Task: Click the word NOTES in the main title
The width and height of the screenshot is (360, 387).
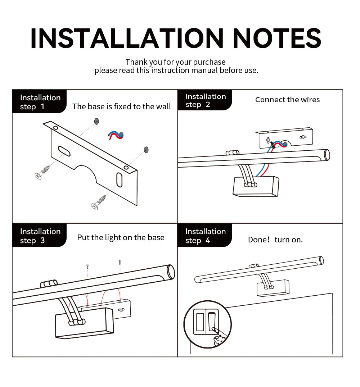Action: click(x=277, y=38)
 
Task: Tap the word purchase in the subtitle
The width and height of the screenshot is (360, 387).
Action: click(x=209, y=62)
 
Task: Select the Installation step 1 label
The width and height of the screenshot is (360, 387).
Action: click(x=40, y=102)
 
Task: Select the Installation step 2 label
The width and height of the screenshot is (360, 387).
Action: click(x=206, y=100)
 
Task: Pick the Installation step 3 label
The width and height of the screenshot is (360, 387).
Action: click(x=40, y=236)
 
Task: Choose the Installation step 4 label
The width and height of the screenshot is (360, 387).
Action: click(x=206, y=236)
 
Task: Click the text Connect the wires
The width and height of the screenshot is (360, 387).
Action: click(x=287, y=100)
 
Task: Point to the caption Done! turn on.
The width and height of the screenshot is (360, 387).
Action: click(x=275, y=240)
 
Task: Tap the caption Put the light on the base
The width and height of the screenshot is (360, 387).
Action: click(x=121, y=237)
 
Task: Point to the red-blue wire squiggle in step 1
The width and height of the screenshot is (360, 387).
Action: click(x=116, y=135)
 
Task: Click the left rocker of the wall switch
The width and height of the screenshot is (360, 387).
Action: click(x=200, y=322)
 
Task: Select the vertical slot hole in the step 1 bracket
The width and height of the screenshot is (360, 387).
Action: click(x=120, y=180)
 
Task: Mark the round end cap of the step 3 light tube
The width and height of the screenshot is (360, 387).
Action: click(x=171, y=272)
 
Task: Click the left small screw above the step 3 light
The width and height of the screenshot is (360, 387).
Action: click(x=87, y=267)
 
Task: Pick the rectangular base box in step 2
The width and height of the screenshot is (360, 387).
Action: click(x=256, y=186)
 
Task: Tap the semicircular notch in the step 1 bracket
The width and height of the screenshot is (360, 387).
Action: click(x=85, y=172)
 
